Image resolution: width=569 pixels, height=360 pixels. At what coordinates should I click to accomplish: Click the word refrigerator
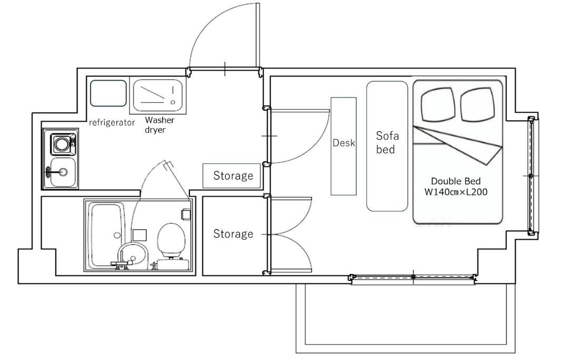point(112,123)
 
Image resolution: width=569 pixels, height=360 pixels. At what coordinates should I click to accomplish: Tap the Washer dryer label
point(160,125)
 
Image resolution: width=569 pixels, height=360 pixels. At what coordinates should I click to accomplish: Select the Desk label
point(344,143)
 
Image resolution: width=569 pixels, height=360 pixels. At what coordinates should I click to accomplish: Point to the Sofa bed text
point(387,143)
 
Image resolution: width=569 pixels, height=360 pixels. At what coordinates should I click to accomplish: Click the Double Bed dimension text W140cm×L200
point(456,192)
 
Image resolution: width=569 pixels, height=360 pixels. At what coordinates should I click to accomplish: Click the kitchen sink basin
point(63,172)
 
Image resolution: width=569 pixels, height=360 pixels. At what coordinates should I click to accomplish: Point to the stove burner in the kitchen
point(62,144)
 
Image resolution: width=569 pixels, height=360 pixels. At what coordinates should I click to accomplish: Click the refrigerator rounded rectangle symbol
point(109,93)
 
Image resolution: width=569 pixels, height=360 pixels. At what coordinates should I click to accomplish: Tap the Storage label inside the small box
point(233,176)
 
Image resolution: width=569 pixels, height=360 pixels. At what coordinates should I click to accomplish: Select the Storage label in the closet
point(233,233)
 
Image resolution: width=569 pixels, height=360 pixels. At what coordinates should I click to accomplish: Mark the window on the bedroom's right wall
point(532,176)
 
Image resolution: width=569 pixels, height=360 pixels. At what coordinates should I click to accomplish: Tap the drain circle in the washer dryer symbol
point(173,102)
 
